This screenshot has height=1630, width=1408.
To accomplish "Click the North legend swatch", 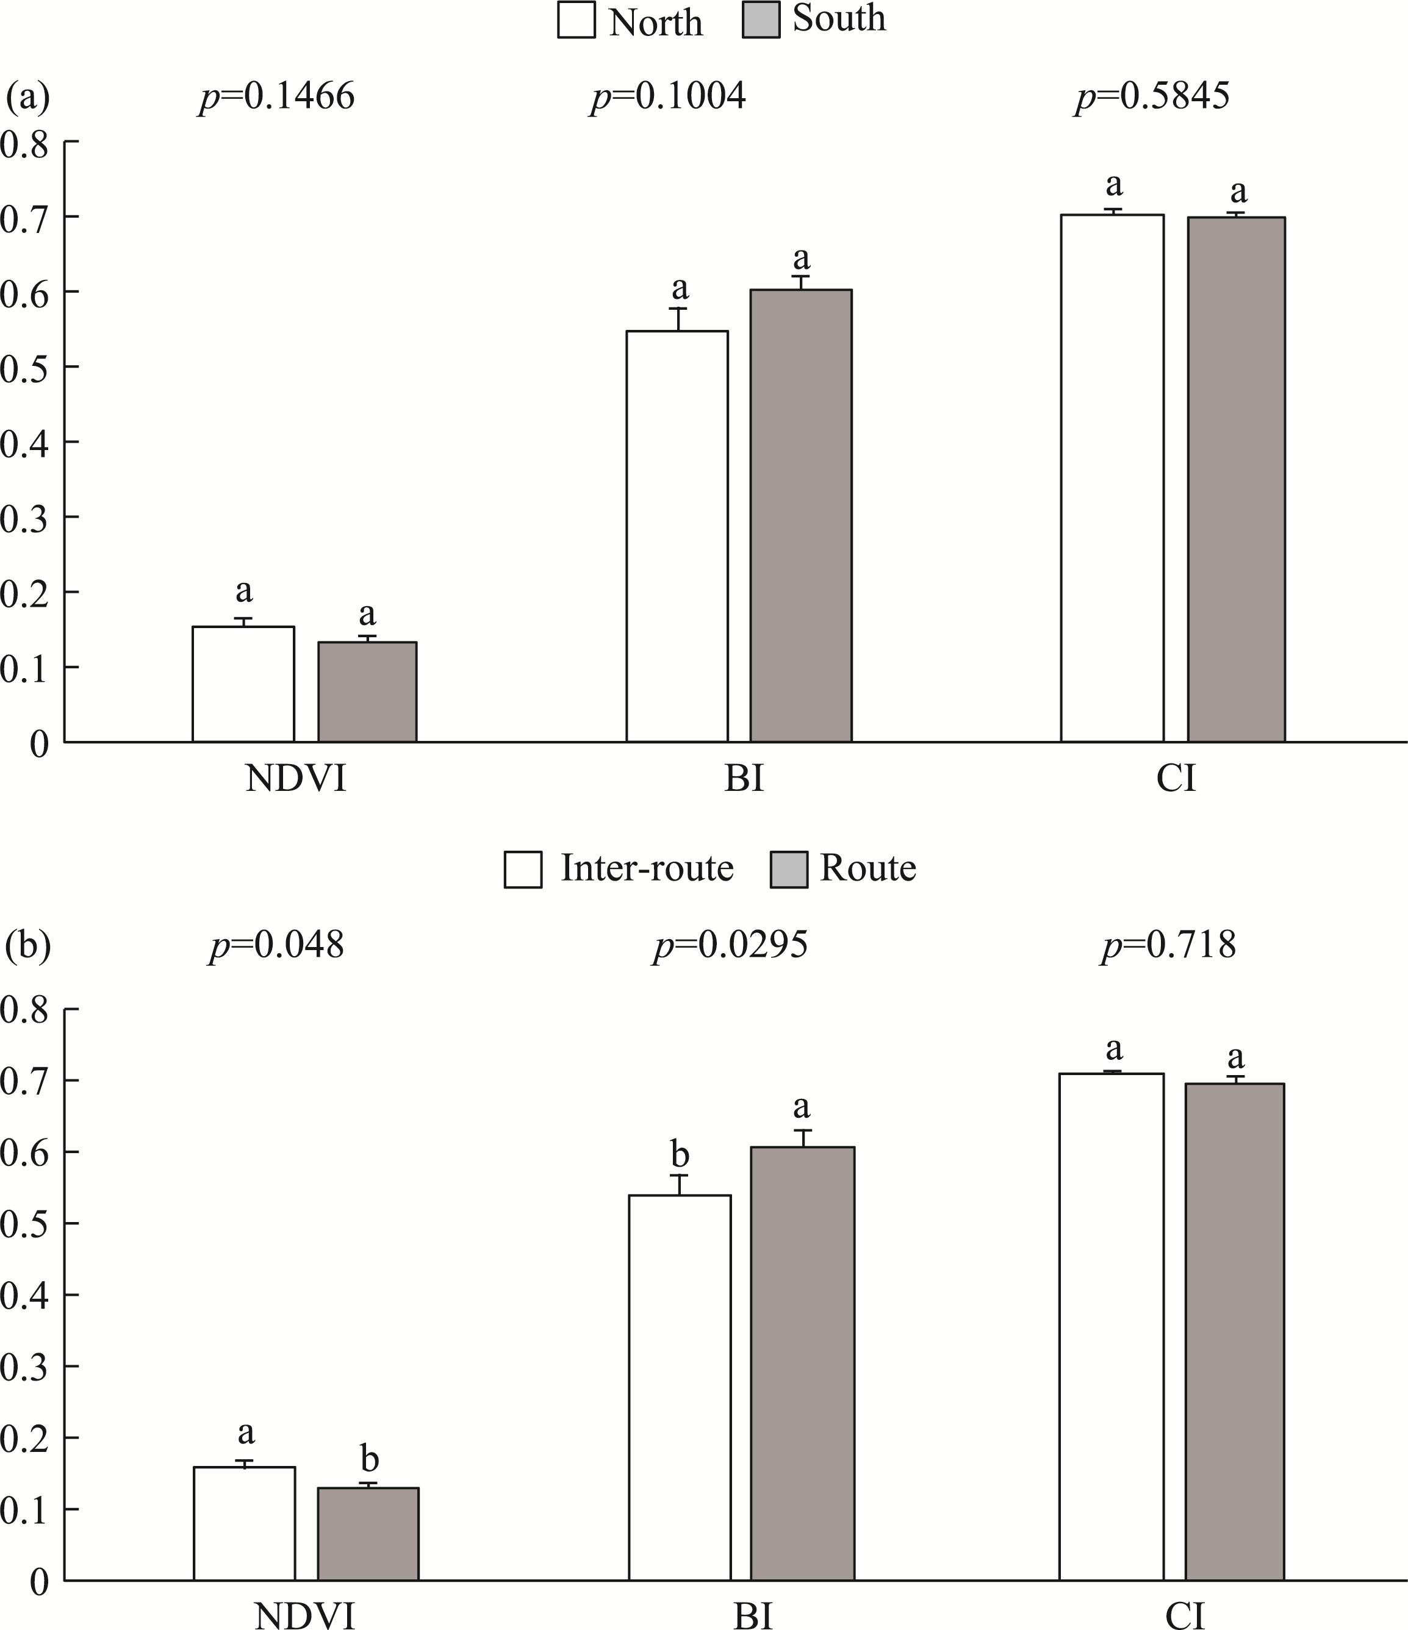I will point(576,20).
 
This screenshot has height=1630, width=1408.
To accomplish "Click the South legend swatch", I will point(760,20).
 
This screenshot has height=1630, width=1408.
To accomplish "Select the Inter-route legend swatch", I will point(523,870).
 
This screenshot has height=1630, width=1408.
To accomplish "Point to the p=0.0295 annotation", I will point(730,945).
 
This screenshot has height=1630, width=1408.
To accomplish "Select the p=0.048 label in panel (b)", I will point(276,945).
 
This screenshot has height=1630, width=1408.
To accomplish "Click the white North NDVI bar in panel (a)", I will point(243,684).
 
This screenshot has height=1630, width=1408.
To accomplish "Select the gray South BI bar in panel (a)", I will point(800,515).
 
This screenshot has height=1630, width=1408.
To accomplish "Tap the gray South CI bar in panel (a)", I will point(1235,480).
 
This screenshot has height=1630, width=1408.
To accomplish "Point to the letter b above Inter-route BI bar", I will point(679,1156).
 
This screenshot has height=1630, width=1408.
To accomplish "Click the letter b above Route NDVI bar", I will point(368,1459).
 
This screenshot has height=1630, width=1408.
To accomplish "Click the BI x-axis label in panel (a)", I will point(743,779).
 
